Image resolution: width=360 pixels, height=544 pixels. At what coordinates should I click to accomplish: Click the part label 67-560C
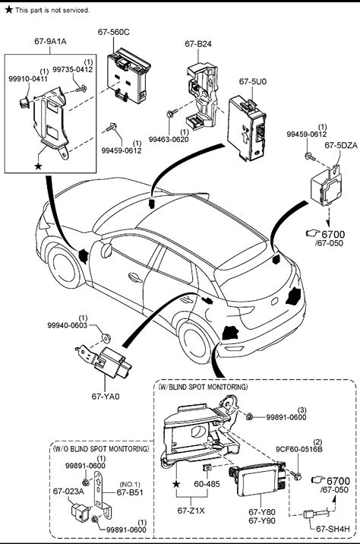point(113,32)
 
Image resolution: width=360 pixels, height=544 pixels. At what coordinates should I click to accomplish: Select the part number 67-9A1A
point(50,41)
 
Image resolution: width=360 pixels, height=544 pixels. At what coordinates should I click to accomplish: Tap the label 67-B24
point(198,44)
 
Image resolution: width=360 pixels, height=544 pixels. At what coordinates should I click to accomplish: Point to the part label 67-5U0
point(253,81)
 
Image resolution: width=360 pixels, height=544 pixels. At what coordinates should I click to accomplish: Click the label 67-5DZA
point(341,145)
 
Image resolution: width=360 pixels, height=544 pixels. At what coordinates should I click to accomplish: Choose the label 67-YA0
point(106,396)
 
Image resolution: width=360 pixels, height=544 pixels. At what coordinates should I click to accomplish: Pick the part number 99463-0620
point(169,140)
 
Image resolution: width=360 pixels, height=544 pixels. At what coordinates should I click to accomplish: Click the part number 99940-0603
point(68,325)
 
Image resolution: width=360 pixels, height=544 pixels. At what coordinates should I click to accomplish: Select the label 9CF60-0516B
point(299,449)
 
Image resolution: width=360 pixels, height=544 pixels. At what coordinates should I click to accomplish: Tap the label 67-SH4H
point(333,529)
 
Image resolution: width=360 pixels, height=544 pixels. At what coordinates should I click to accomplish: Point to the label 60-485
point(207,484)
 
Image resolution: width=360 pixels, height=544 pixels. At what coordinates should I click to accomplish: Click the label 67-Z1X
point(191,511)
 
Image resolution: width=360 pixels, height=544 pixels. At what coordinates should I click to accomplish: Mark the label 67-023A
point(68,492)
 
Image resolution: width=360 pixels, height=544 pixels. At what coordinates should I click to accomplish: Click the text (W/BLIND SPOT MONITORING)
point(203,387)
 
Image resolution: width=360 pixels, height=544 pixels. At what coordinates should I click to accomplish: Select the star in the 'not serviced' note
point(9,10)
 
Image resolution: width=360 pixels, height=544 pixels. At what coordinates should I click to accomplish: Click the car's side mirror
point(106,250)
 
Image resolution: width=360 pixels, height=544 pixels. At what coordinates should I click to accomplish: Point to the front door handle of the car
point(135,277)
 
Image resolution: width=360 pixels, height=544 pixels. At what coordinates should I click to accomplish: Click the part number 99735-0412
point(72,69)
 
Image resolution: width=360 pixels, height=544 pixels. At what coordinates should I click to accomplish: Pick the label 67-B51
point(130,492)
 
